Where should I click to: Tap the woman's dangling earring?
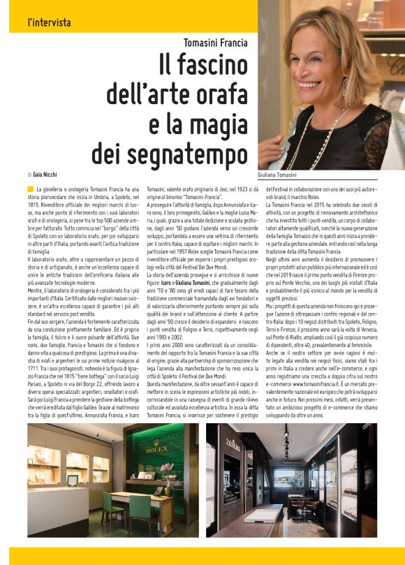click(346, 89)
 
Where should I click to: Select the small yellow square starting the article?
click(31, 189)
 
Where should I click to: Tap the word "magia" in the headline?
click(219, 124)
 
